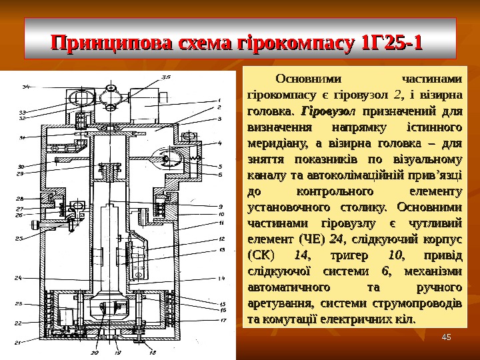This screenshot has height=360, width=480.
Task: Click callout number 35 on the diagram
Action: [x=165, y=77]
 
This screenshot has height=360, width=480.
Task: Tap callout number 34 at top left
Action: [x=25, y=86]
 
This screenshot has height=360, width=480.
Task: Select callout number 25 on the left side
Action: [x=19, y=237]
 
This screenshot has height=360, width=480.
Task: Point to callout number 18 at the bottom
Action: [x=153, y=352]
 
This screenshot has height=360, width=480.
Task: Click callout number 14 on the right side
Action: [x=222, y=278]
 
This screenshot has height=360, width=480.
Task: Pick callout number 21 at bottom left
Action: [x=17, y=343]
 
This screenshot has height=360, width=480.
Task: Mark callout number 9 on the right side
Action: [x=219, y=205]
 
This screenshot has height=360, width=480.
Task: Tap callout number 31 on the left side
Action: [x=22, y=138]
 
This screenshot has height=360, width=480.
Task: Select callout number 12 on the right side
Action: [x=221, y=238]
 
